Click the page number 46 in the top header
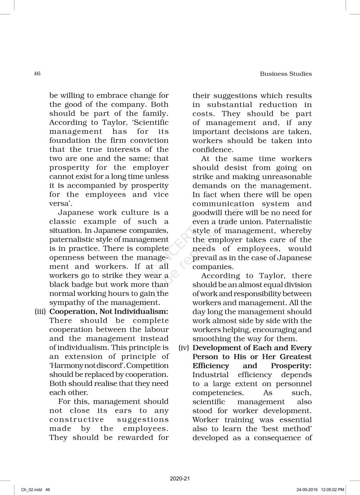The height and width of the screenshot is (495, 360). coord(37,74)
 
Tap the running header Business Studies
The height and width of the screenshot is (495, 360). coord(286,74)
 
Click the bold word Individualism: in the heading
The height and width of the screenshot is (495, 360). coord(149,312)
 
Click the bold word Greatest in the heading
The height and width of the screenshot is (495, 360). coord(296,357)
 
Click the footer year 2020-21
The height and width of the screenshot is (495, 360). coord(180,479)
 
